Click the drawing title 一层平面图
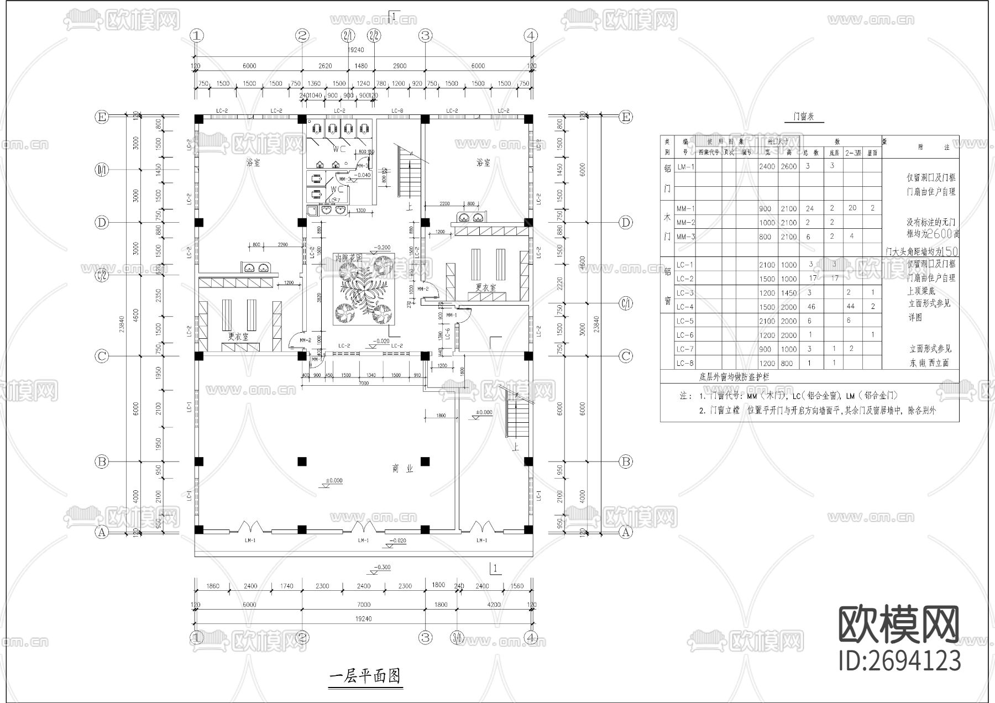click(x=364, y=676)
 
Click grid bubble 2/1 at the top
click(x=348, y=36)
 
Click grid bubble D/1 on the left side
click(x=102, y=169)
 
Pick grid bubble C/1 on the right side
click(x=626, y=303)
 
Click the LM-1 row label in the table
click(x=685, y=166)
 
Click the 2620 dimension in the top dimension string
click(x=325, y=66)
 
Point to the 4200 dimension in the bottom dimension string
click(x=494, y=604)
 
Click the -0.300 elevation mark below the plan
click(x=381, y=567)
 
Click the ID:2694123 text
click(x=899, y=661)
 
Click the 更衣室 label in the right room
click(x=485, y=287)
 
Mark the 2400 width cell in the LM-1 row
click(x=767, y=166)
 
